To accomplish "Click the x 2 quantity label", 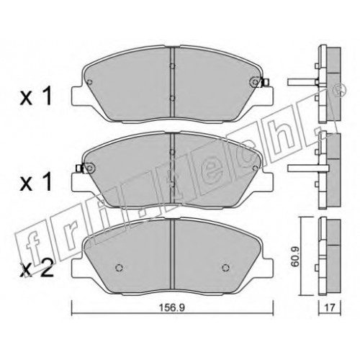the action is pyautogui.click(x=37, y=271).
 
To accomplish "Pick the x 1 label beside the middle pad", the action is pyautogui.click(x=36, y=182).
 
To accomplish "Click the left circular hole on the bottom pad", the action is pyautogui.click(x=119, y=268).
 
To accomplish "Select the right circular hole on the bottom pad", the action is pyautogui.click(x=225, y=267).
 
